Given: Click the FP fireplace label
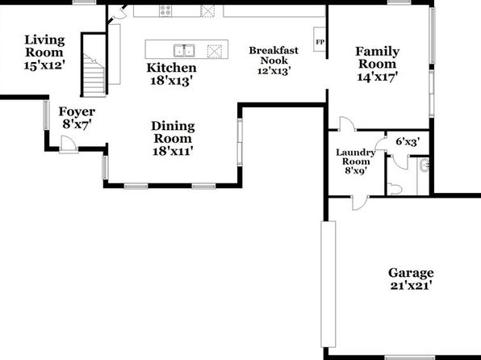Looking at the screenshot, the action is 320,42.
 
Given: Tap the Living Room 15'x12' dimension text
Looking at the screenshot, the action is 44,65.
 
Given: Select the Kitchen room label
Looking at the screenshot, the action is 171,68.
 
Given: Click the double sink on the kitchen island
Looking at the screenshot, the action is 184,51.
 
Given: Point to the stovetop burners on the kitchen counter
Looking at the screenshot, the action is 165,11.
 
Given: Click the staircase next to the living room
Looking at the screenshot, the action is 94,75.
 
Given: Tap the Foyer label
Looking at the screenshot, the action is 77,111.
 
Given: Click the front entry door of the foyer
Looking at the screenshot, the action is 69,144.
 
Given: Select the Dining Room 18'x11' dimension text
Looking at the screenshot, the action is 173,151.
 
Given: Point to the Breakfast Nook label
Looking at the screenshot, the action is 274,55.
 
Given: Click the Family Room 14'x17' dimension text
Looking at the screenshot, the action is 378,77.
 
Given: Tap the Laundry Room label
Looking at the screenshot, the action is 356,157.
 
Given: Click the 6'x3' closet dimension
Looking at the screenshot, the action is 408,142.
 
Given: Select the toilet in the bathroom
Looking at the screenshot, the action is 395,188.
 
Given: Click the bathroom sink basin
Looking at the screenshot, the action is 425,166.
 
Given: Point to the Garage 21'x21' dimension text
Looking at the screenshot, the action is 411,286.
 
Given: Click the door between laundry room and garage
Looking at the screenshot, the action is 360,203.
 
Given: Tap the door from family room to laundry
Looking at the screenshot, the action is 348,123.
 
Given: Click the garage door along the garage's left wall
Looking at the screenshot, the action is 328,284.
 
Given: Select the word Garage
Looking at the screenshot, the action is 411,273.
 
